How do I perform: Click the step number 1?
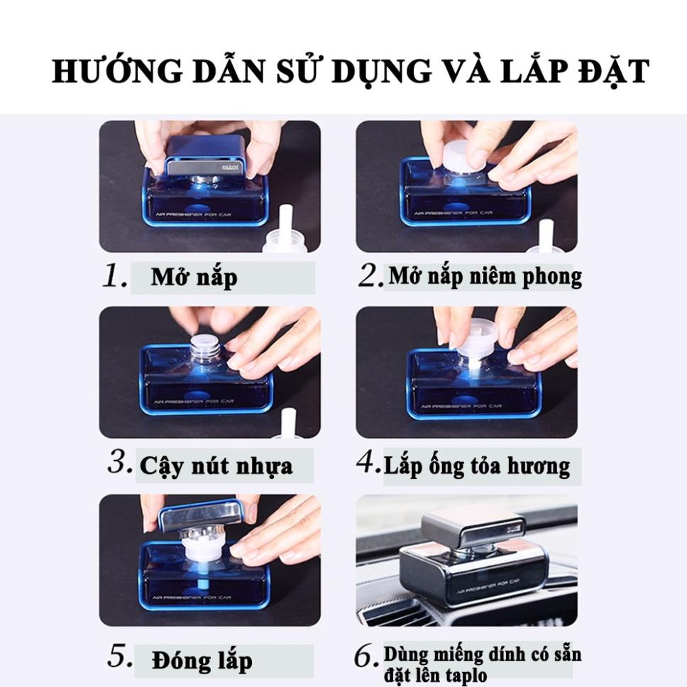[114, 277]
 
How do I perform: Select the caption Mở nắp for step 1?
[194, 277]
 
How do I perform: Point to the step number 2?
[370, 277]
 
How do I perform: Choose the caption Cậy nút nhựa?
[216, 466]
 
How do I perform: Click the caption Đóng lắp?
[202, 659]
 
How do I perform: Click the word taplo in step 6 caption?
[466, 674]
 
